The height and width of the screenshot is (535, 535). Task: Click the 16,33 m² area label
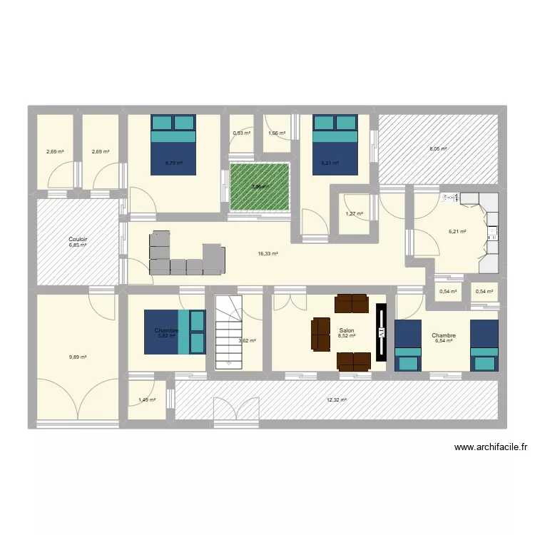point(268,253)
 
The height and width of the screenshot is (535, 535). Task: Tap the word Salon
point(347,330)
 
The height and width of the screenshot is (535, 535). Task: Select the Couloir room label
point(78,239)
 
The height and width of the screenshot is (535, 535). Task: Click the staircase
point(230,332)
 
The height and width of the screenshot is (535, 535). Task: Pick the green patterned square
point(260,187)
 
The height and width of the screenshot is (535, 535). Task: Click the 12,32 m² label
point(337,400)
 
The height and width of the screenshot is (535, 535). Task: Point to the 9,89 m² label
point(78,357)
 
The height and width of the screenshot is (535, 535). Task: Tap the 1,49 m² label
point(146,400)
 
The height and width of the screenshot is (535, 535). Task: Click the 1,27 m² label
point(355,214)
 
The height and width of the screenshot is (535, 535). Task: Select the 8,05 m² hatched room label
point(438,149)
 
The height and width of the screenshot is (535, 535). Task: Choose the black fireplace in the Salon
point(381,332)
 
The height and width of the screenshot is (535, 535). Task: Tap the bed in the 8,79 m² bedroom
point(173,144)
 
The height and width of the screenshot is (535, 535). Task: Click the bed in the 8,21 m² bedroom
point(335,144)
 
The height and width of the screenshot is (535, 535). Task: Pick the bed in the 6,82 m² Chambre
point(175,332)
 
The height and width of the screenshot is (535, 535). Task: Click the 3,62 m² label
point(248,341)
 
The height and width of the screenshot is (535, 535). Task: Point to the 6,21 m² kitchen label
point(457,232)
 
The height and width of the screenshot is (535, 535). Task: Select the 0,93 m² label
point(242,133)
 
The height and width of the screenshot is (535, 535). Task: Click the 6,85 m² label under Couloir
point(78,245)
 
